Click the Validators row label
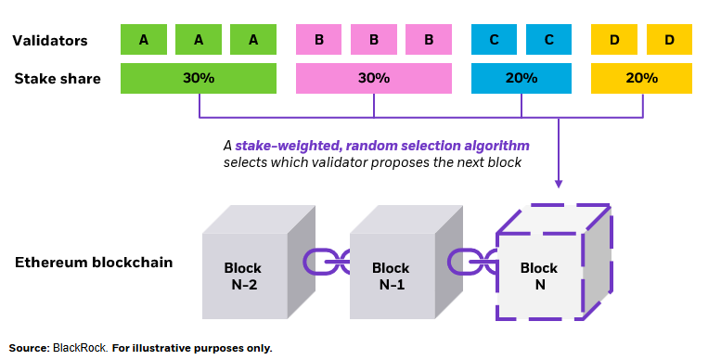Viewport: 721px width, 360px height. [50, 41]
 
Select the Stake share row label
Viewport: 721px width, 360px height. [57, 79]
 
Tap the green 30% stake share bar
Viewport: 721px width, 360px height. [199, 79]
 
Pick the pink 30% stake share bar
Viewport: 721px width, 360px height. [374, 79]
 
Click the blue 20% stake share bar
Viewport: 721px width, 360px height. [521, 79]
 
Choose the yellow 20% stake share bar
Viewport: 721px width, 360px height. [641, 79]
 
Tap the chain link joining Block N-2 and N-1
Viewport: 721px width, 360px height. [325, 263]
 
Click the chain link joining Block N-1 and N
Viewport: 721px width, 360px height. [472, 263]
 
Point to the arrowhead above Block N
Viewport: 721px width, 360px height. [559, 182]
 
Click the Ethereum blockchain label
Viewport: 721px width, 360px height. [94, 263]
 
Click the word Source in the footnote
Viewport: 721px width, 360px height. [29, 348]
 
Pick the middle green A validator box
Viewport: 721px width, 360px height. [199, 40]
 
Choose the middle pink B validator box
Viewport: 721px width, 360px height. [374, 40]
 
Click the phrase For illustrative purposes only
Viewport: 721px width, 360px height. [192, 348]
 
